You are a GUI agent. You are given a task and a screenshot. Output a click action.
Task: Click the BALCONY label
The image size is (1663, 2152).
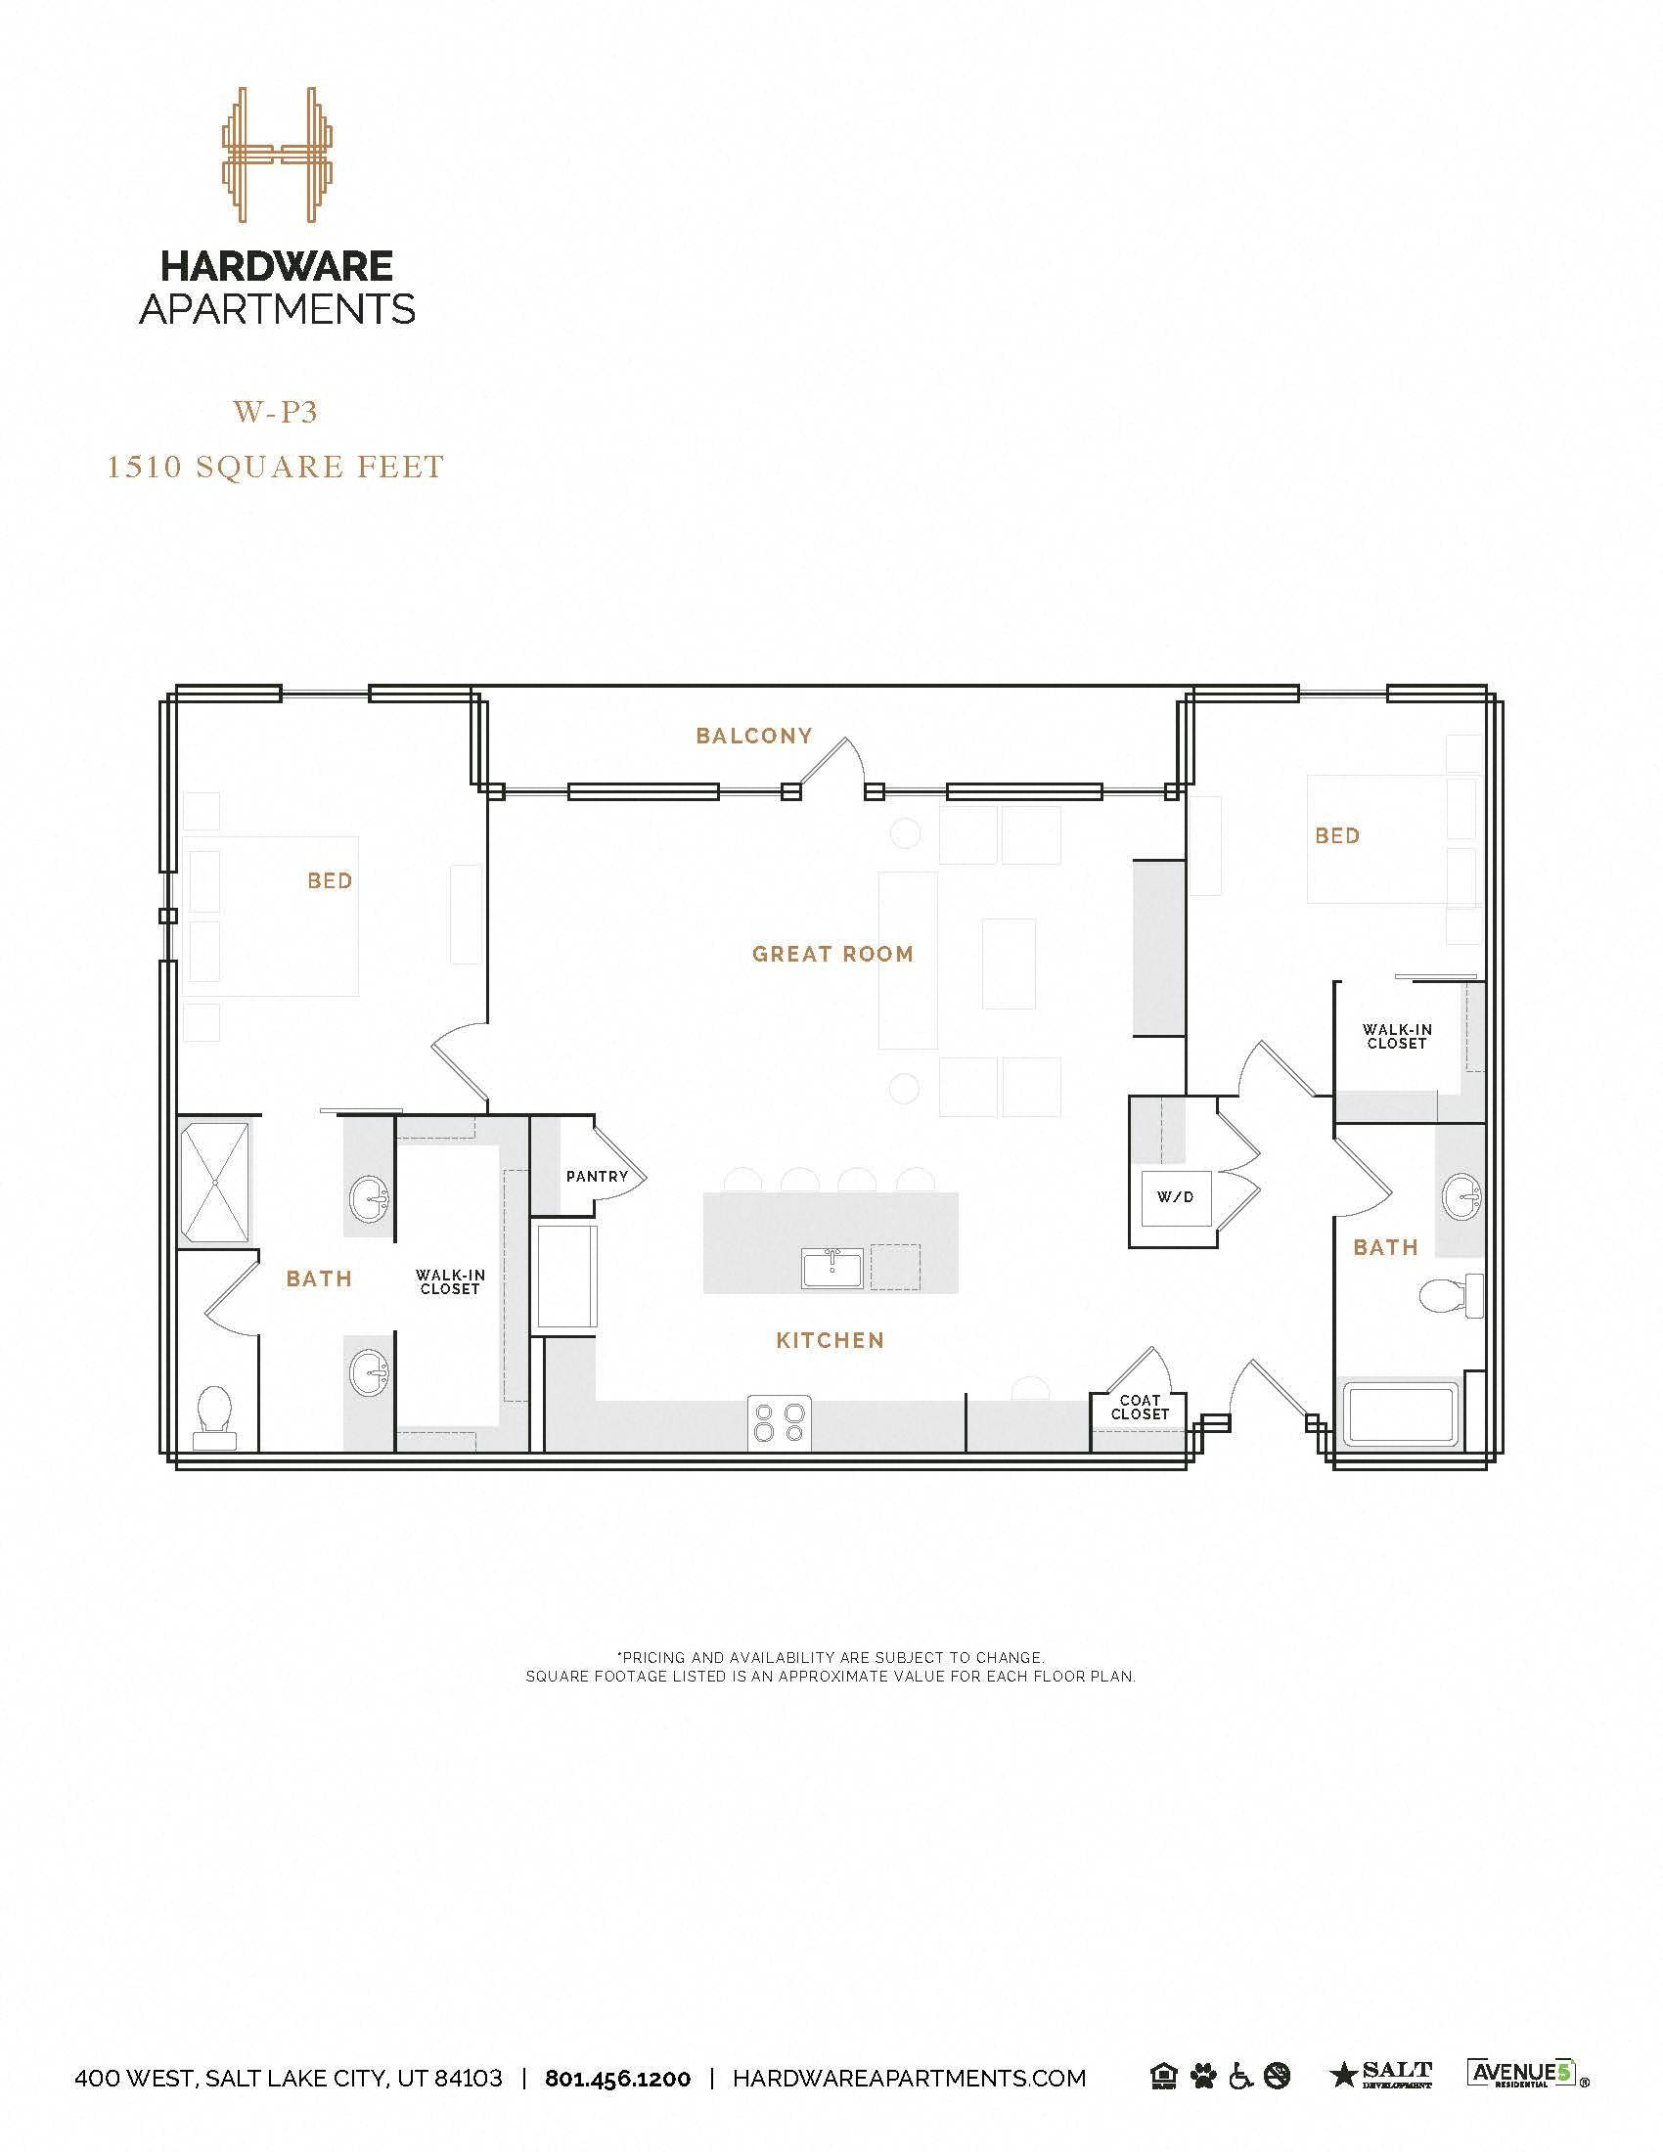(x=753, y=735)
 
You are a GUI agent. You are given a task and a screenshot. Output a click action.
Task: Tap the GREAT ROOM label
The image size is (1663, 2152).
(x=832, y=954)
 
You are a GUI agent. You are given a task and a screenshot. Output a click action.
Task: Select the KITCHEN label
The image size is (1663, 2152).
(x=830, y=1340)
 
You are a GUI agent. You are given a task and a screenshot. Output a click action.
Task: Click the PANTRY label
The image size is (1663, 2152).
(x=597, y=1177)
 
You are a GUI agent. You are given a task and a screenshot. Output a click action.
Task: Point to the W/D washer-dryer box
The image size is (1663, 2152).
(x=1174, y=1197)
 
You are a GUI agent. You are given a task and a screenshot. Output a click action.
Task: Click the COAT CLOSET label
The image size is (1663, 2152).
(x=1140, y=1407)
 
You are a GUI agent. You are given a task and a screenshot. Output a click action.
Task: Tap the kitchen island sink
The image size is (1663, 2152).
(x=831, y=1267)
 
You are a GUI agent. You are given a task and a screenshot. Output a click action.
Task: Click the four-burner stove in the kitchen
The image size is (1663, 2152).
(x=780, y=1423)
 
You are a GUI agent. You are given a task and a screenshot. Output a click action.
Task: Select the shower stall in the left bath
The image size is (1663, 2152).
(x=215, y=1183)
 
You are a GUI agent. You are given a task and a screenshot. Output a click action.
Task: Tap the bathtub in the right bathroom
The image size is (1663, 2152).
(x=1402, y=1415)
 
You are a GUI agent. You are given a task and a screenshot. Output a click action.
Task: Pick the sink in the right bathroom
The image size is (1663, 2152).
(x=1461, y=1197)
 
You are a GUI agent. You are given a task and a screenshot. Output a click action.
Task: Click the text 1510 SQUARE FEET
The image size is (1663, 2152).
(x=276, y=466)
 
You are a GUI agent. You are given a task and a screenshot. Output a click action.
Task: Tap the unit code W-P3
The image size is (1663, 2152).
(x=276, y=412)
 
